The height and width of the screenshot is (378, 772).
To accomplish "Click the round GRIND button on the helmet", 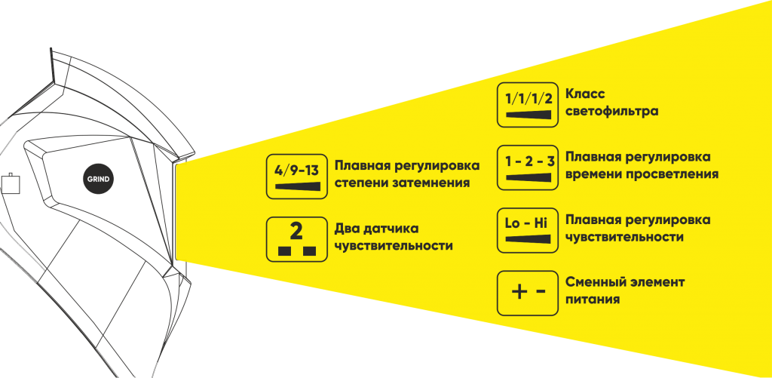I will click(97, 179).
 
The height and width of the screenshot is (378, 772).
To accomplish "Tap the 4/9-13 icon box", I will click(298, 176).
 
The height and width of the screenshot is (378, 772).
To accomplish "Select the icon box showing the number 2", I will click(298, 238).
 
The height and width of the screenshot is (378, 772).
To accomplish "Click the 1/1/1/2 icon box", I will click(528, 104).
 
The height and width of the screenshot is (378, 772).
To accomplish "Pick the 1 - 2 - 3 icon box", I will click(528, 167).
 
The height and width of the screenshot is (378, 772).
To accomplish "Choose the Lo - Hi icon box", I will click(528, 230).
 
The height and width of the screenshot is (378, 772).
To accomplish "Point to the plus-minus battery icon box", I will click(528, 293).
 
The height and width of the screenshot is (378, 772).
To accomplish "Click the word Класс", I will click(586, 95).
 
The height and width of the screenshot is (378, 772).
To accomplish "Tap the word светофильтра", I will click(612, 112).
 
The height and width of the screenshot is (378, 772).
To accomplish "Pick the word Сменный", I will click(593, 282).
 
